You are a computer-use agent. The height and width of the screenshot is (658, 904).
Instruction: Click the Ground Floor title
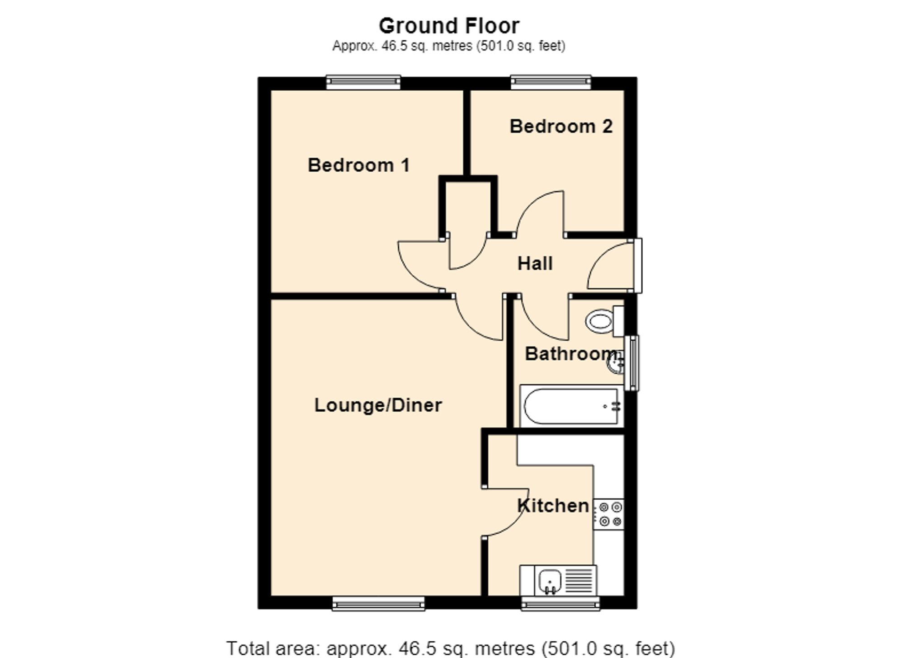(449, 26)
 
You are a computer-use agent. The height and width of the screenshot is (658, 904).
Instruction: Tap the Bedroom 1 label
(359, 165)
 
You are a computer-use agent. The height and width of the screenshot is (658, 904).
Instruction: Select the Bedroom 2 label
(561, 127)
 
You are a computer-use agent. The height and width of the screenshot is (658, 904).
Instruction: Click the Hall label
(535, 263)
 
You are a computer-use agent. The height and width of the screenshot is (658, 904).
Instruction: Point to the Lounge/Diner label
(378, 405)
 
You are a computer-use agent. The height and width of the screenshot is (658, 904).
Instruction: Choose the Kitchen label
(553, 506)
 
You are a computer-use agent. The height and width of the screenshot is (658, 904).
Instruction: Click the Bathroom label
(571, 353)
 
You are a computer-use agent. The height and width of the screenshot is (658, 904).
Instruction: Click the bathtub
(572, 406)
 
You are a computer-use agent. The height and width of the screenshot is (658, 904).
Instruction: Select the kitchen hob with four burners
(609, 514)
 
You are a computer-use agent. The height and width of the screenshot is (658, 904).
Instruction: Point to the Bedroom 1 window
(363, 82)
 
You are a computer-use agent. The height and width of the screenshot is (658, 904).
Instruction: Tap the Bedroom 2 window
(551, 82)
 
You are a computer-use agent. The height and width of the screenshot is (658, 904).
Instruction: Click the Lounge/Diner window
(378, 603)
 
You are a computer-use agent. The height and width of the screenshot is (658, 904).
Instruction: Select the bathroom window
(631, 363)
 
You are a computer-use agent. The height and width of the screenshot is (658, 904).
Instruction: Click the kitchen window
(560, 603)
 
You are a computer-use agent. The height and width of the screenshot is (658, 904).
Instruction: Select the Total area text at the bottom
(451, 648)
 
